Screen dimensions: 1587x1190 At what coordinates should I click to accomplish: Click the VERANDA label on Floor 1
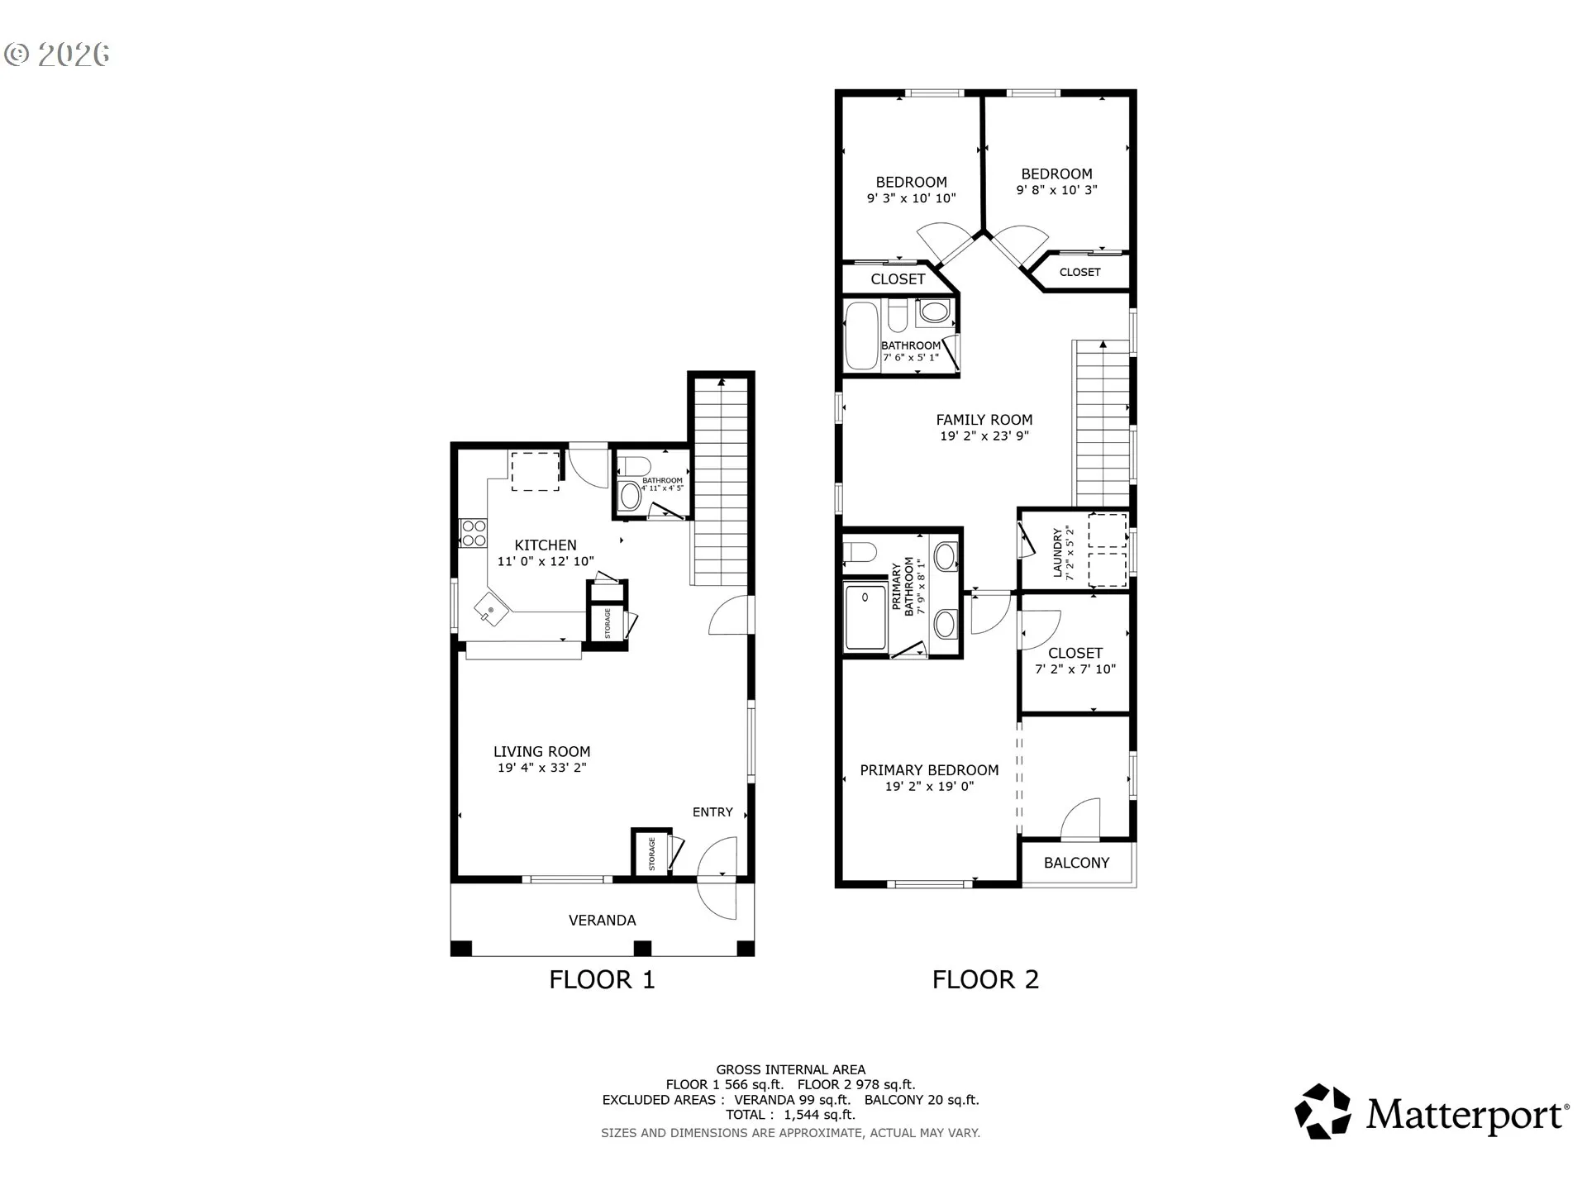(x=602, y=920)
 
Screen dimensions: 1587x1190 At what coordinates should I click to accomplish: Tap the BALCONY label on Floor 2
(x=1076, y=863)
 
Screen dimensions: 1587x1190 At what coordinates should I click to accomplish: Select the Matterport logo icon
(x=1322, y=1111)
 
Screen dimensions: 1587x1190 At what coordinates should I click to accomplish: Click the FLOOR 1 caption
(x=602, y=979)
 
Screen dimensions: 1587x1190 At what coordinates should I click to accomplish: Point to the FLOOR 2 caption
(x=985, y=979)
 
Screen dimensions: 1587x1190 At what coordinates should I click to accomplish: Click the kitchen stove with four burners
(x=474, y=532)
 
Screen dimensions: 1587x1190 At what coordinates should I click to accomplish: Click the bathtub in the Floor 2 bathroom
(x=861, y=336)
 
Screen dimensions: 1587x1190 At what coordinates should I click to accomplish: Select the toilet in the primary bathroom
(x=860, y=551)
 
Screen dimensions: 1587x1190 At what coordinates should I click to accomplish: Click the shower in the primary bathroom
(x=865, y=616)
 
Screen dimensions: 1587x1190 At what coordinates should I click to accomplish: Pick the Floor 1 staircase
(x=722, y=482)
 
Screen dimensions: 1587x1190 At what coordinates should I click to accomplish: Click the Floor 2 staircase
(x=1102, y=423)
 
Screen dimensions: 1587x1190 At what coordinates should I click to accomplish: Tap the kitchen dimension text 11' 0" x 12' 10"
(x=546, y=561)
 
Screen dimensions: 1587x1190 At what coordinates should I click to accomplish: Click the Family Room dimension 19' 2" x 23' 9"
(x=984, y=436)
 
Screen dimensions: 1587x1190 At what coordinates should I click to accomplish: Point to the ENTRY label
(x=712, y=812)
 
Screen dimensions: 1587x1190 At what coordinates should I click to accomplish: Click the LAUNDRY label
(x=1057, y=553)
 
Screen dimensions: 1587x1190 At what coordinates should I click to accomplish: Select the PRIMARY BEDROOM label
(x=929, y=770)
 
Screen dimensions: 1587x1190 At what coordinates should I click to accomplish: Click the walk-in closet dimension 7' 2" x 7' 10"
(x=1075, y=669)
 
